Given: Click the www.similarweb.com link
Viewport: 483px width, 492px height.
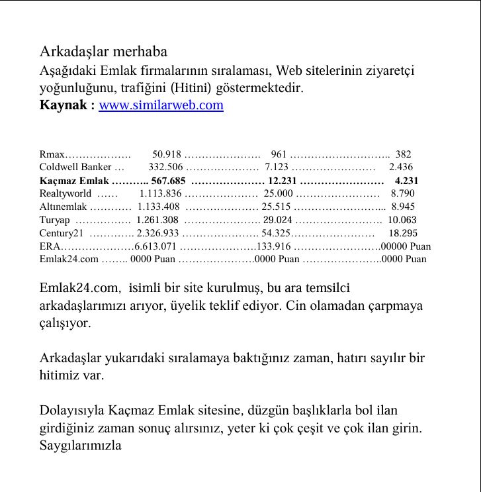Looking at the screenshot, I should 161,105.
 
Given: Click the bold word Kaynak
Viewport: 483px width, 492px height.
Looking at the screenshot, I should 64,105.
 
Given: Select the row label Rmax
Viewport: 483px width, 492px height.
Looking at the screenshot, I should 52,154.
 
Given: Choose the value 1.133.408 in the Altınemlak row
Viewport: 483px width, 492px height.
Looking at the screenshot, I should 159,207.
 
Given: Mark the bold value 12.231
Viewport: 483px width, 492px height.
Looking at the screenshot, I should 282,181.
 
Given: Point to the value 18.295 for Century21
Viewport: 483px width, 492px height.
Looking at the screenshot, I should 403,233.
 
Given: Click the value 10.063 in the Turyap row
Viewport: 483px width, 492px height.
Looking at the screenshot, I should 402,220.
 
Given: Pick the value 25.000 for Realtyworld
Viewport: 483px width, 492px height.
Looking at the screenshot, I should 278,193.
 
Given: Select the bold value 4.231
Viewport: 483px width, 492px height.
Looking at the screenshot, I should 406,181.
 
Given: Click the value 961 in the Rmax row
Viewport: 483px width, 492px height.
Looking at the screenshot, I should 279,154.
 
